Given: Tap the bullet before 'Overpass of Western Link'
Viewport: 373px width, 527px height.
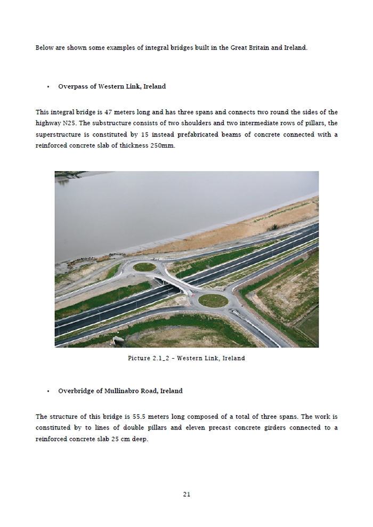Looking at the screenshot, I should pos(48,87).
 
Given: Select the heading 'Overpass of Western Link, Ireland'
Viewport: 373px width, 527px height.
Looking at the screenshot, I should pos(112,87).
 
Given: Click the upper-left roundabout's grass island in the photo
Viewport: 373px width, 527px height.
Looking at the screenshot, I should pos(144,267).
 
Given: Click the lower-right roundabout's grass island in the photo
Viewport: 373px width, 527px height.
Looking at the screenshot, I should pos(213,300).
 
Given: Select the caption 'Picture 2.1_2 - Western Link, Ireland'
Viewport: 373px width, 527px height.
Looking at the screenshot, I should pos(186,358).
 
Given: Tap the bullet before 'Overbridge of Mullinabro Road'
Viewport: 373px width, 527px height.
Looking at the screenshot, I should pos(48,391).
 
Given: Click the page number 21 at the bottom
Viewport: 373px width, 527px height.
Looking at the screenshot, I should pos(186,494).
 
